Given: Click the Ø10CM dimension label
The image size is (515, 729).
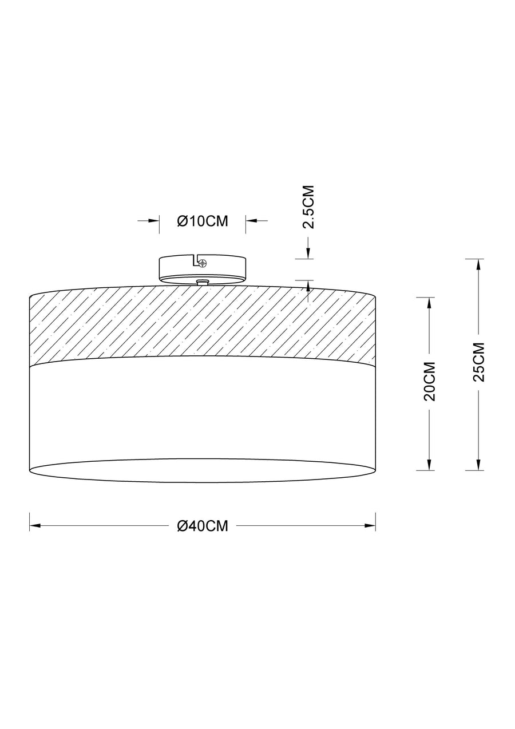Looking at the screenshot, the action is click(x=203, y=221).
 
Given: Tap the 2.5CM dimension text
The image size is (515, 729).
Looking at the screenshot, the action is click(x=308, y=207).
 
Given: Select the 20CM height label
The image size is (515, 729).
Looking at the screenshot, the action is click(x=429, y=381).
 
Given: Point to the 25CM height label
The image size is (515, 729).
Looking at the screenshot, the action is click(x=478, y=362).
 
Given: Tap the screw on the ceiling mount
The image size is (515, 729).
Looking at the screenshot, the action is click(x=203, y=262).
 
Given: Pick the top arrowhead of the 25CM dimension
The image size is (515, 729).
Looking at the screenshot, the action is click(x=478, y=264).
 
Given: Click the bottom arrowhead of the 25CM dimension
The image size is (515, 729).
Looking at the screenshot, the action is click(x=478, y=465).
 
